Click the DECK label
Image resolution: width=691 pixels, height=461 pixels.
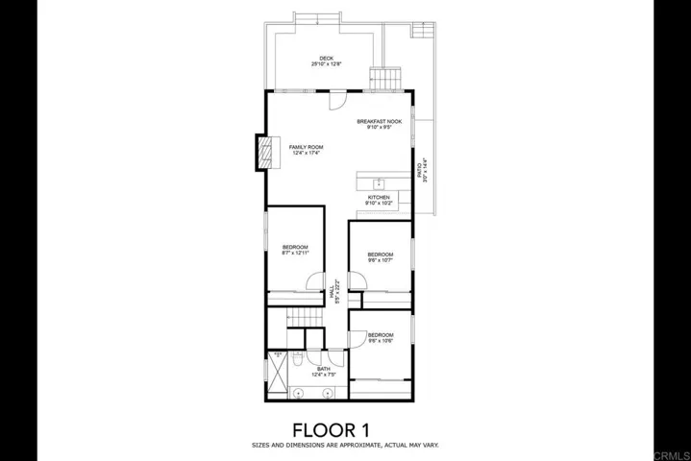pyautogui.click(x=327, y=58)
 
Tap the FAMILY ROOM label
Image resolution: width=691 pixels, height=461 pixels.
pyautogui.click(x=307, y=147)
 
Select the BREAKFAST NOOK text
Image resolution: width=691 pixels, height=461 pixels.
pyautogui.click(x=379, y=122)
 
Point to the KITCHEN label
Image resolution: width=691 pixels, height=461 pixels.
pyautogui.click(x=380, y=197)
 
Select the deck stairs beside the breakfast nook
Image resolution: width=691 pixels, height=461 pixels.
pyautogui.click(x=386, y=77)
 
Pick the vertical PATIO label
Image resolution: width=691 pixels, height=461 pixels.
pyautogui.click(x=418, y=171)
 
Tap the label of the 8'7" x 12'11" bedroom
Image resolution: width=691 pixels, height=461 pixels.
pyautogui.click(x=295, y=247)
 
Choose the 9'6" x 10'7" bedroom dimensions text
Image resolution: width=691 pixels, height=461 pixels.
pyautogui.click(x=380, y=260)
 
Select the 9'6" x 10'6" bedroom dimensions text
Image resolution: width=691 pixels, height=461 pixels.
pyautogui.click(x=381, y=340)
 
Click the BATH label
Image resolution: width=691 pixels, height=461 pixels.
pyautogui.click(x=323, y=369)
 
